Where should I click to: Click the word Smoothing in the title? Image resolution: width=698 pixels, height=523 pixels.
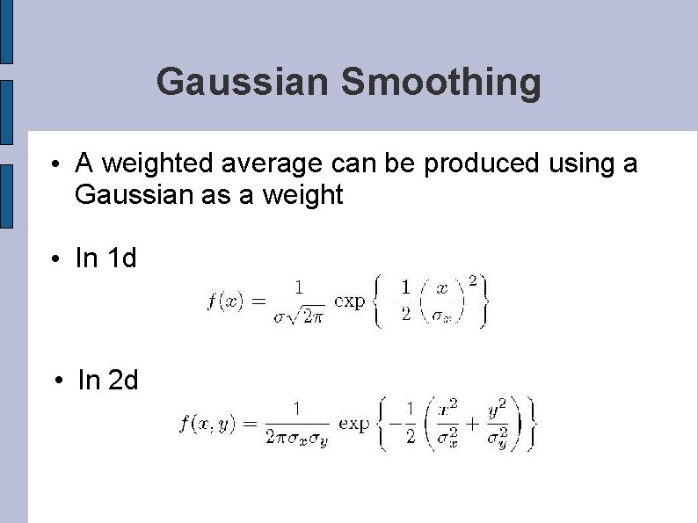click(x=440, y=84)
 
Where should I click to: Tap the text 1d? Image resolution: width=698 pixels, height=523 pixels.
click(x=121, y=258)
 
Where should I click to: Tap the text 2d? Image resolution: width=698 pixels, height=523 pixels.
click(x=123, y=380)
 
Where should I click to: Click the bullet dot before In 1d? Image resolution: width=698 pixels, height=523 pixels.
click(x=55, y=259)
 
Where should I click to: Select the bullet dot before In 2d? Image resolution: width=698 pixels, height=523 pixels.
click(x=57, y=381)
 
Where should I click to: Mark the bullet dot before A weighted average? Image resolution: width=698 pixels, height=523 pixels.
click(x=55, y=165)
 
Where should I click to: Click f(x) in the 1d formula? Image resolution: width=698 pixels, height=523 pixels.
click(x=224, y=301)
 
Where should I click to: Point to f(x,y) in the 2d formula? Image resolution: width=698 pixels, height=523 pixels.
click(x=206, y=424)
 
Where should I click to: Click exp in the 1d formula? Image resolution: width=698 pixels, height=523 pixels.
click(x=351, y=301)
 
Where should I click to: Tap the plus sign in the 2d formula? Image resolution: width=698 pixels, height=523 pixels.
click(x=471, y=424)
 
